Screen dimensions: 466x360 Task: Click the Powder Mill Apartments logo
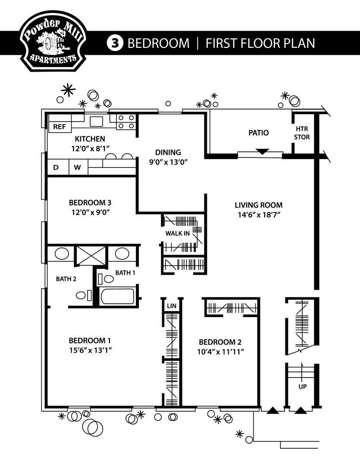click(51, 41)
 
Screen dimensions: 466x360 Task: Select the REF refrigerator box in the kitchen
click(59, 127)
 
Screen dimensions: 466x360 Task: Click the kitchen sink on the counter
click(96, 121)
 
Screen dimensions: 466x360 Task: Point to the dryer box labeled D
click(56, 167)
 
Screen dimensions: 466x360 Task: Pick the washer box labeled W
click(77, 167)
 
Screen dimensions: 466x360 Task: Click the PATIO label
click(258, 132)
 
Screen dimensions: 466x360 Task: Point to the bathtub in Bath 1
click(117, 297)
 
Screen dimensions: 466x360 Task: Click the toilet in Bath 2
click(81, 296)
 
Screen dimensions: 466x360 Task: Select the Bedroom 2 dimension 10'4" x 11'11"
click(220, 351)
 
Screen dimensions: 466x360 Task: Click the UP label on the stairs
click(302, 387)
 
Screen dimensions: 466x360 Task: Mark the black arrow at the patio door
click(263, 151)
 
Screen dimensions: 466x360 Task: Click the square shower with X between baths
click(91, 255)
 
